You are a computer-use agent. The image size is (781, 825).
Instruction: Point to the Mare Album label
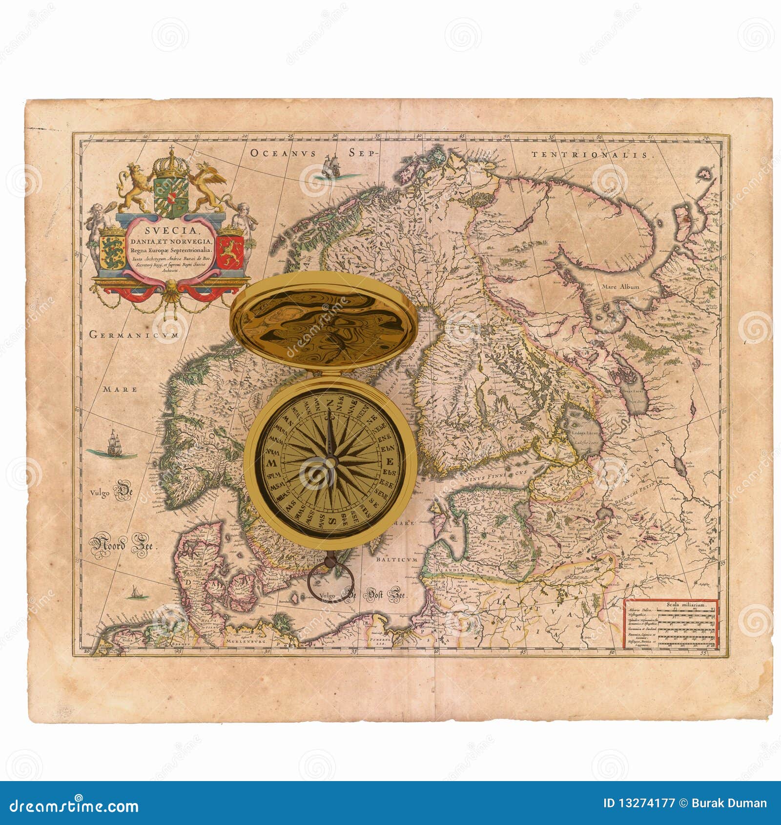click(x=620, y=287)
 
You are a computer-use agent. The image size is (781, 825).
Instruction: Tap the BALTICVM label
click(x=397, y=559)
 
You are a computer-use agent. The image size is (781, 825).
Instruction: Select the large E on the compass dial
click(x=390, y=462)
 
